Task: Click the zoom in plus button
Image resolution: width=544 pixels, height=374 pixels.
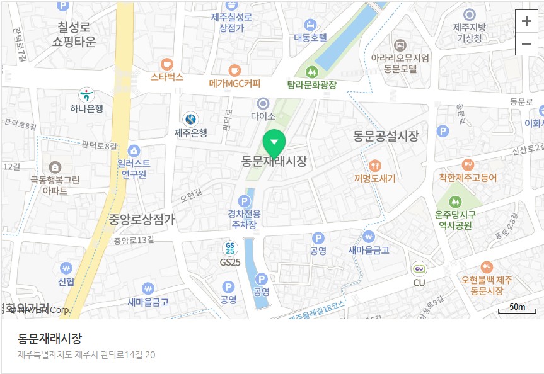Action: (526, 21)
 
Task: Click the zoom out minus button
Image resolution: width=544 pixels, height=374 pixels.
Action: (526, 43)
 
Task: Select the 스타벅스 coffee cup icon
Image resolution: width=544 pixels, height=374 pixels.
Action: (166, 64)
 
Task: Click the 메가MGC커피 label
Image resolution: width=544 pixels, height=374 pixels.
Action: (234, 83)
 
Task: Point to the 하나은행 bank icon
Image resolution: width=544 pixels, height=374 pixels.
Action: (86, 95)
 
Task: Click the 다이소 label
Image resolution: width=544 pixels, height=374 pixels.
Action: (263, 116)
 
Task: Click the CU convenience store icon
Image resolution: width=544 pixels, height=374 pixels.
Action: (419, 269)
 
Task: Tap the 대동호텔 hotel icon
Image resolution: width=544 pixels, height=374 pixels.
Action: (310, 25)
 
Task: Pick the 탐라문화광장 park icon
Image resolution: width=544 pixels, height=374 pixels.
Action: (311, 71)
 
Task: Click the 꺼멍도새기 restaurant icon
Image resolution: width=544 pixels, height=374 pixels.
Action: (374, 166)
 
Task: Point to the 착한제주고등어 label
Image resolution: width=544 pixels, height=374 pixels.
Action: (468, 178)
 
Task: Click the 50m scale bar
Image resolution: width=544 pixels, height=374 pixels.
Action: (517, 309)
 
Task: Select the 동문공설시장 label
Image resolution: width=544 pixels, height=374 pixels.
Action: (385, 135)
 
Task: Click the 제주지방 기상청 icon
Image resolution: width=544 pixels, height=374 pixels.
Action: (469, 14)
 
